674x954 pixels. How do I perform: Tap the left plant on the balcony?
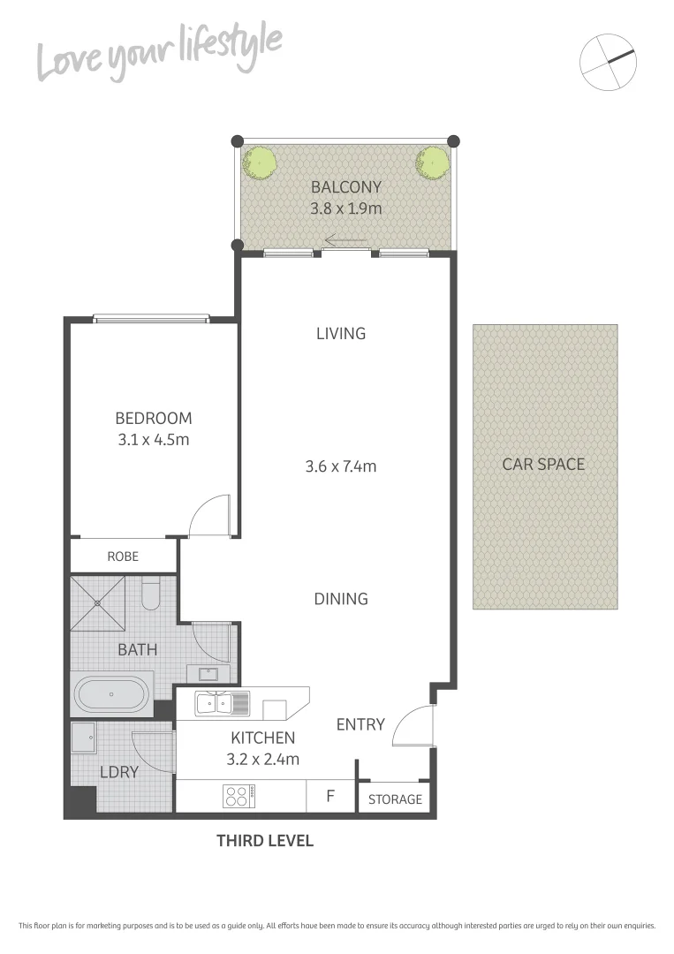[260, 162]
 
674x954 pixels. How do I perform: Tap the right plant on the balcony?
[432, 162]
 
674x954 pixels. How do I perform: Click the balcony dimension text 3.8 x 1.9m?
[345, 209]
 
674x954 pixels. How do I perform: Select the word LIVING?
[341, 334]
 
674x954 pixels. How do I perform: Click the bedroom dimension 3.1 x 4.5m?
[153, 439]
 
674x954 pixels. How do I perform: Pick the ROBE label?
[123, 557]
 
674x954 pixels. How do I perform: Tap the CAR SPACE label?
[543, 464]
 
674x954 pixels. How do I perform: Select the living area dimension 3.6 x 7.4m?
[341, 466]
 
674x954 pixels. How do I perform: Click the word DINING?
[341, 599]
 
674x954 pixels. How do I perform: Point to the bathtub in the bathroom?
[112, 694]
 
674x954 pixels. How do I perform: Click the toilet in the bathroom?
[150, 594]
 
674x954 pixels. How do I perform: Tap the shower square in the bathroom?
[97, 602]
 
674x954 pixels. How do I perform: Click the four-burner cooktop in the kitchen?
[237, 796]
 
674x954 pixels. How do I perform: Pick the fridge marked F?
[330, 796]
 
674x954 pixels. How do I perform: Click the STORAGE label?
[395, 799]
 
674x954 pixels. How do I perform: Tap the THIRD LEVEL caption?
[265, 841]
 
